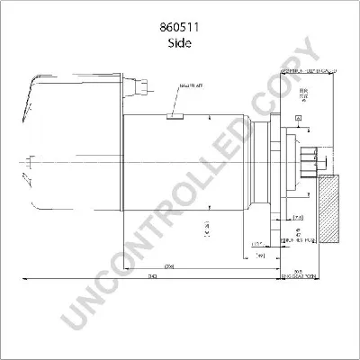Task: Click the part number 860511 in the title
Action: point(180,28)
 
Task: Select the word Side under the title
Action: point(180,42)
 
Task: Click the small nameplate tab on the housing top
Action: point(176,115)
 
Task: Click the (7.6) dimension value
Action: point(298,217)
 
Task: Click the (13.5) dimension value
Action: point(256,244)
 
